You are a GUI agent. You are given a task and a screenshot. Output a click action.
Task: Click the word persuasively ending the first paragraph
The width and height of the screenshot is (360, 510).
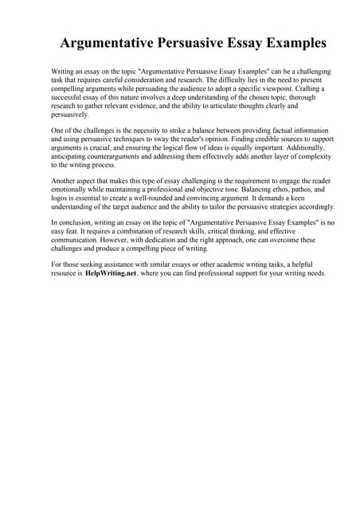(69, 116)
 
